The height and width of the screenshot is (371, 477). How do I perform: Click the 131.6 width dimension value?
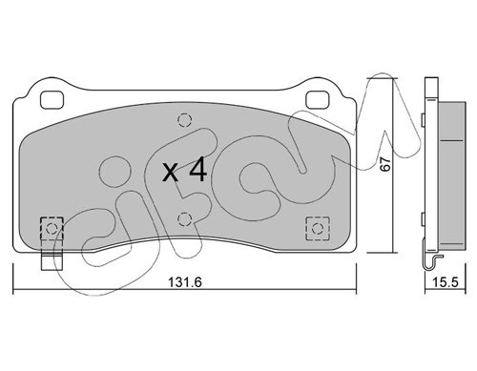(185, 282)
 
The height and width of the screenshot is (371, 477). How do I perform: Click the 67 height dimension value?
(385, 164)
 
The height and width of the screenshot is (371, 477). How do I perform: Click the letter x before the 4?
(170, 174)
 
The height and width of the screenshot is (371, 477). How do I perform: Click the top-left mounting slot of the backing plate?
(52, 99)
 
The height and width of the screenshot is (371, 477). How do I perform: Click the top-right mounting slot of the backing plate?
(317, 99)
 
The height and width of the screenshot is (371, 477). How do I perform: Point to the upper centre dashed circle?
(185, 120)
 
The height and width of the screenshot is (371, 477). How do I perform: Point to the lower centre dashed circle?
(185, 219)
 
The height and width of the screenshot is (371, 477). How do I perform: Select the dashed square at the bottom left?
(52, 228)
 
